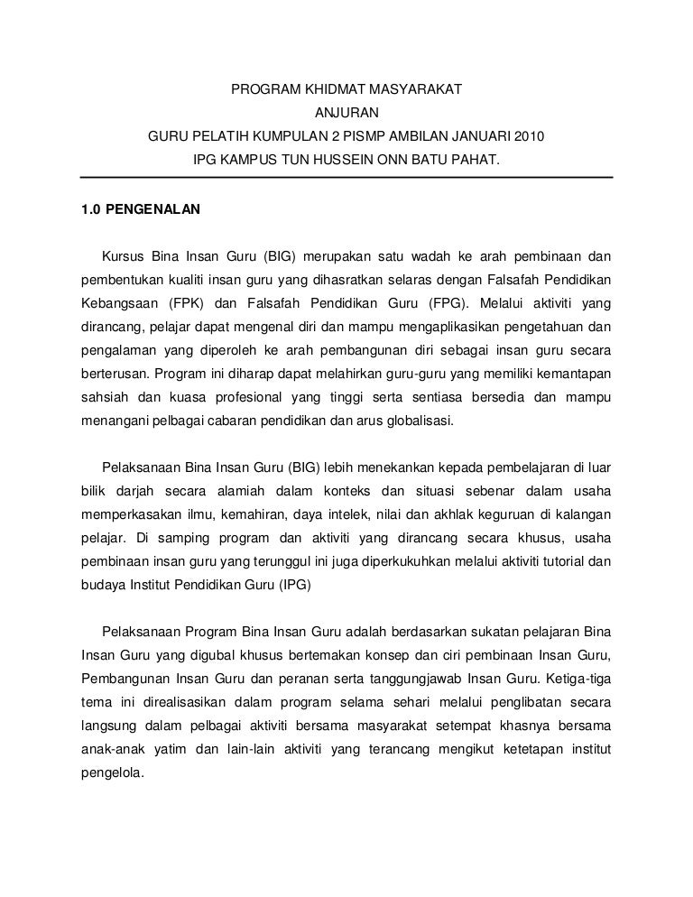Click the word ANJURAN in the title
point(346,115)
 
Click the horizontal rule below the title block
point(346,178)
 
